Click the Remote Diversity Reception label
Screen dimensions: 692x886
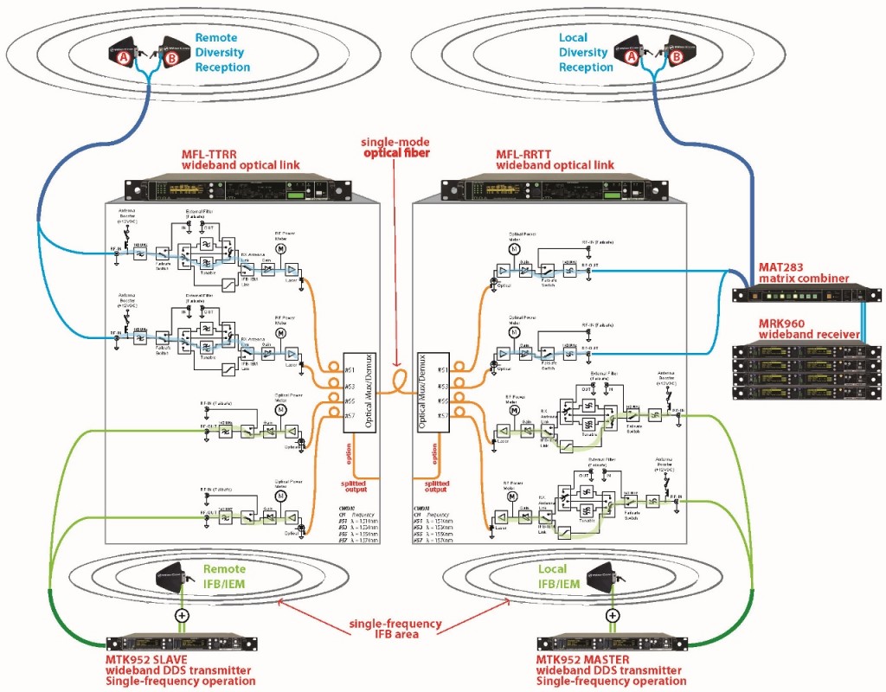pos(219,52)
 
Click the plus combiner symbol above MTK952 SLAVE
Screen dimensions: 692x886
pos(181,616)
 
